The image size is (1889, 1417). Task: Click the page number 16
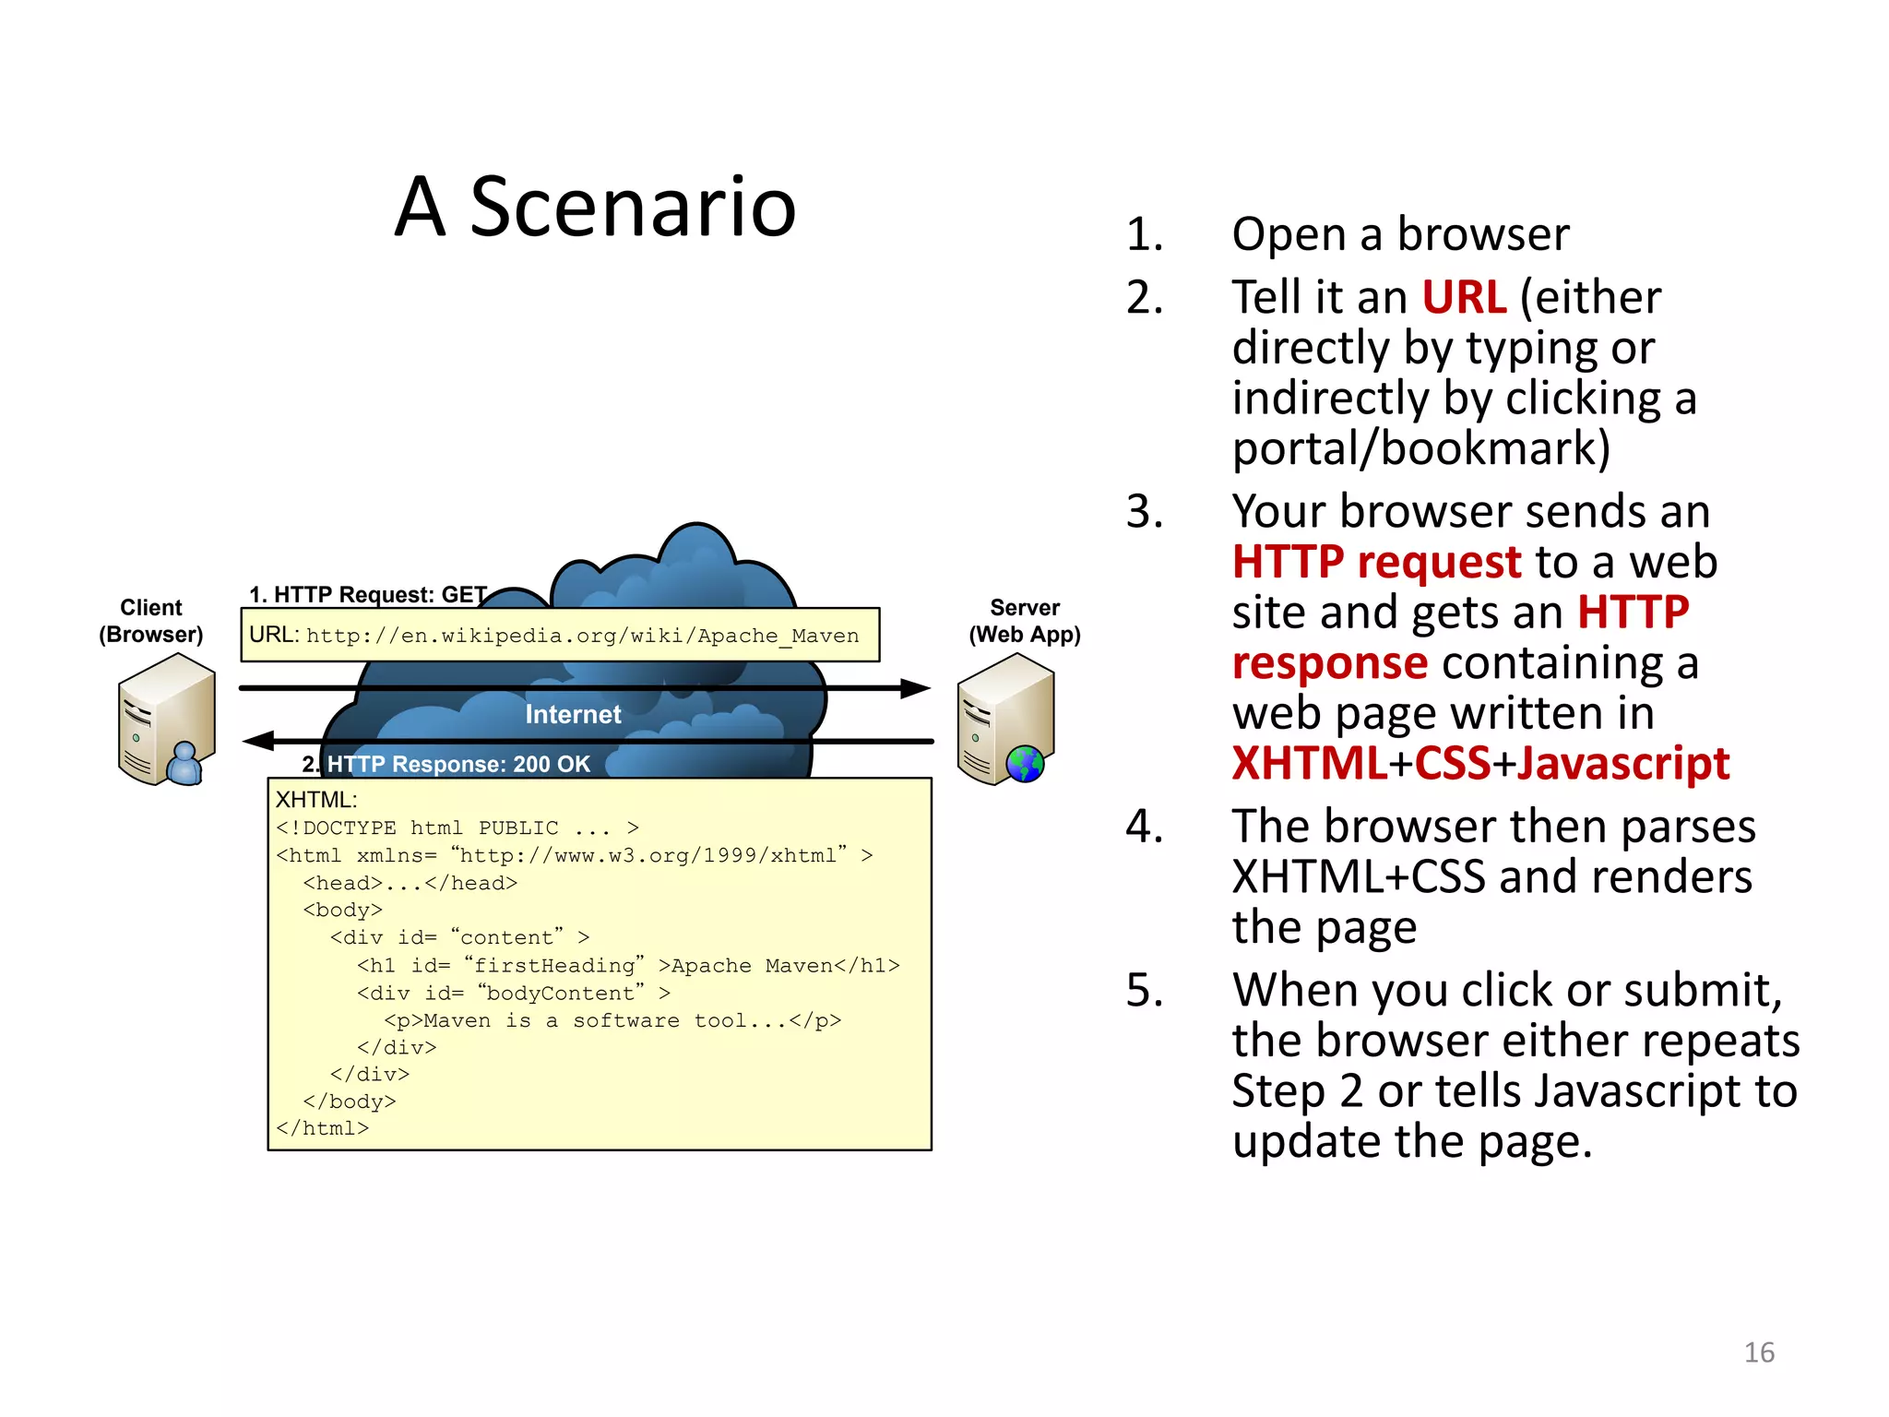click(x=1758, y=1352)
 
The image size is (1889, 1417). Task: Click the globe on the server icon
click(x=1025, y=764)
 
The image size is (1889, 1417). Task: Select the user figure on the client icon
click(x=186, y=764)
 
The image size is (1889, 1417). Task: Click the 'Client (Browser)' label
click(x=151, y=621)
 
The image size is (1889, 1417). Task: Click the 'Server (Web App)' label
click(x=1024, y=621)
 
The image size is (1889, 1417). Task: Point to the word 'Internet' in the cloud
click(x=573, y=714)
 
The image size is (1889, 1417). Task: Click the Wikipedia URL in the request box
click(x=582, y=636)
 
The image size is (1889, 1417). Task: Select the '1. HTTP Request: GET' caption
click(x=368, y=595)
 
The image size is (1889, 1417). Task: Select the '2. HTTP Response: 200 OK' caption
click(x=446, y=764)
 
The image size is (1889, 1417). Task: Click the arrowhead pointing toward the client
click(x=259, y=741)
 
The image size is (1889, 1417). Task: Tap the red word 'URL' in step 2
click(x=1464, y=297)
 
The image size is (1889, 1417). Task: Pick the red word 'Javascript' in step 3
click(x=1623, y=764)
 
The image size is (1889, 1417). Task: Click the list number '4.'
click(x=1145, y=826)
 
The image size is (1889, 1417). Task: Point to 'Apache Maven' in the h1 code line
click(x=752, y=966)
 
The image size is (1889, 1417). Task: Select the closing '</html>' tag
click(x=323, y=1128)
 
